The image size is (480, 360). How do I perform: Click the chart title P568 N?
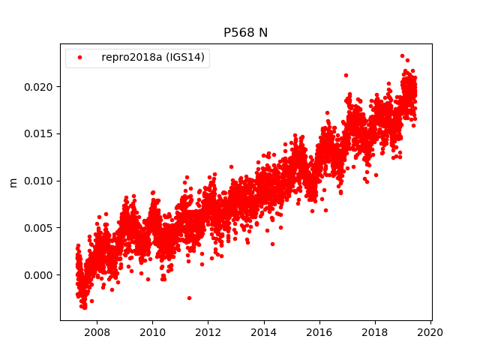(246, 33)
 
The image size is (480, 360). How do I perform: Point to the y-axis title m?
(13, 182)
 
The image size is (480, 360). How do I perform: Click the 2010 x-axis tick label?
(152, 331)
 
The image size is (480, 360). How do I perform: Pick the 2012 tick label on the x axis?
(208, 331)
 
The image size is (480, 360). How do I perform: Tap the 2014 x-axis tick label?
(264, 331)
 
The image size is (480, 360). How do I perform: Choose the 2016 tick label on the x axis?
(319, 331)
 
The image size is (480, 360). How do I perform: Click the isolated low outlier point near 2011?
(189, 298)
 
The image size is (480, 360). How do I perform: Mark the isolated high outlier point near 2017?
(346, 75)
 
